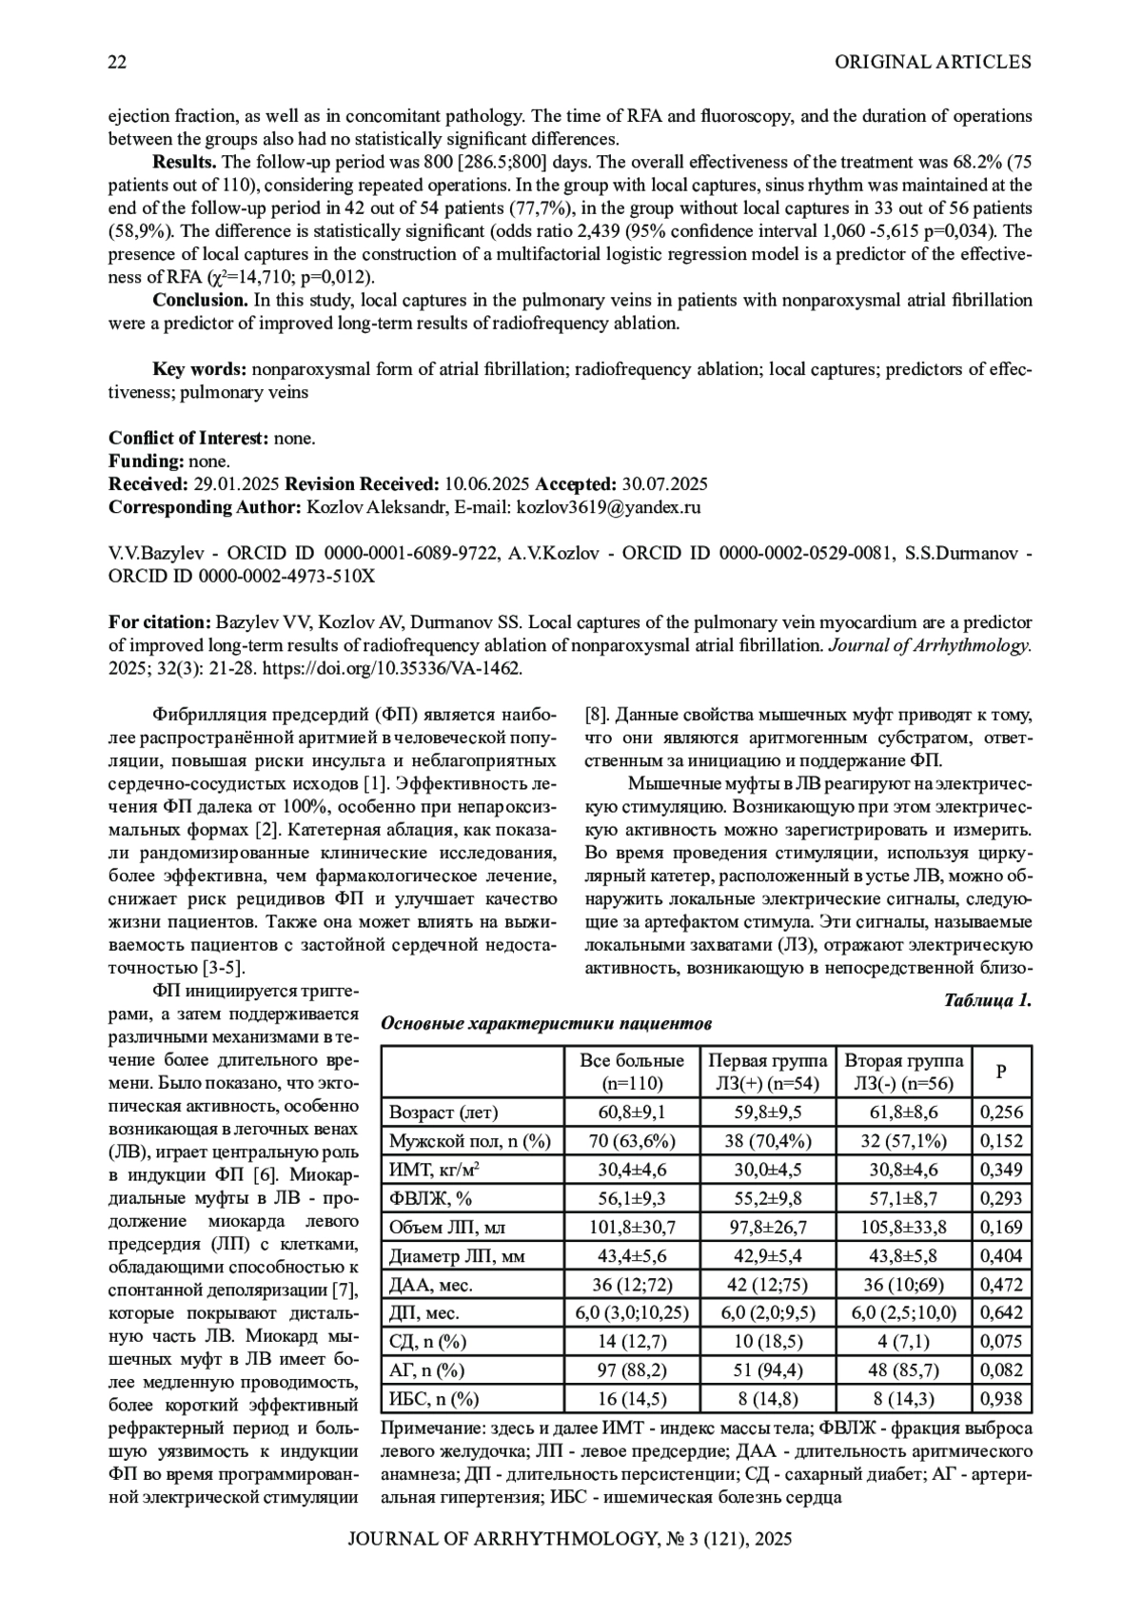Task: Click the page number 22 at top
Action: (118, 63)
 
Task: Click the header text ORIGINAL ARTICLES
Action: (933, 63)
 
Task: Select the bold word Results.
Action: (184, 162)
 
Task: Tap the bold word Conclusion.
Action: (200, 301)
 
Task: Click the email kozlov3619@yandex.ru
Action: (608, 507)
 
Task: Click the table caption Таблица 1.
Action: (987, 1000)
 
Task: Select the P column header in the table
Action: (1001, 1072)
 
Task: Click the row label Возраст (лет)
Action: (443, 1113)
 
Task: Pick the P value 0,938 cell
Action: (1001, 1398)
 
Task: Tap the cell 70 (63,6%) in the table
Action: (632, 1141)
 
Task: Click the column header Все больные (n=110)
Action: (632, 1072)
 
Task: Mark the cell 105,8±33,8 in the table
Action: (903, 1227)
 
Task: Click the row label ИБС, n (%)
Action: (434, 1398)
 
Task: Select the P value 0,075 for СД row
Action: (1001, 1341)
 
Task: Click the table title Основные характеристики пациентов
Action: (546, 1024)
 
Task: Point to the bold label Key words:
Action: (201, 369)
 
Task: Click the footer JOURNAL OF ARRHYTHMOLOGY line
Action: (570, 1539)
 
